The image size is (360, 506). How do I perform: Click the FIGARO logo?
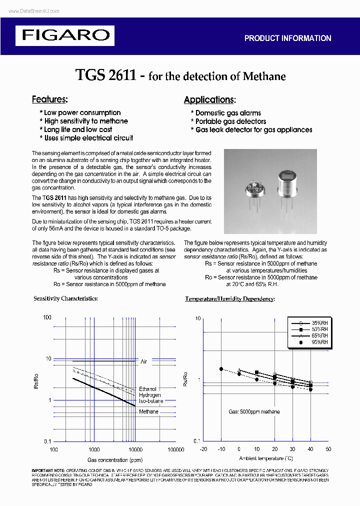[x=65, y=35]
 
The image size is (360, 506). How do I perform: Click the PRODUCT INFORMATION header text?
[x=287, y=38]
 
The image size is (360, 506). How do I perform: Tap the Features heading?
[x=49, y=99]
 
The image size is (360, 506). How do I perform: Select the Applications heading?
[x=209, y=99]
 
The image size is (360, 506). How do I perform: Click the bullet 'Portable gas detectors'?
[x=230, y=121]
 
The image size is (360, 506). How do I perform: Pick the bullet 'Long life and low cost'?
[x=78, y=129]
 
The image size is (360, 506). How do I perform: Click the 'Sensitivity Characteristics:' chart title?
[x=65, y=298]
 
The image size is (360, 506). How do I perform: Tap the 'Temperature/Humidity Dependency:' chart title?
[x=230, y=298]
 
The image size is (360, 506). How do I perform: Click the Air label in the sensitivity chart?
[x=144, y=361]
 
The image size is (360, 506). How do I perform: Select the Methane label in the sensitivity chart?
[x=148, y=411]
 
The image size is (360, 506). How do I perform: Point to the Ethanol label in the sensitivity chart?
[x=147, y=388]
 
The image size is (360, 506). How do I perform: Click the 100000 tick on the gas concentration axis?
[x=175, y=449]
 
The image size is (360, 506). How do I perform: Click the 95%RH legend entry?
[x=319, y=342]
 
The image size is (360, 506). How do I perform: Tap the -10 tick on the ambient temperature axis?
[x=221, y=449]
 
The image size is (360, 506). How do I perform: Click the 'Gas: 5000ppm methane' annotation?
[x=254, y=411]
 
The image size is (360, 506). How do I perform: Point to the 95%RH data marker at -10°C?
[x=221, y=368]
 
